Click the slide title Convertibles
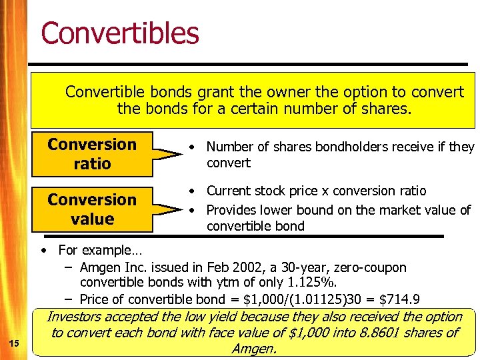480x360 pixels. [120, 33]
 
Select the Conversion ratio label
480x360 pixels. [92, 154]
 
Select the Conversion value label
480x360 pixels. [92, 209]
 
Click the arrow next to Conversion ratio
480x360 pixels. [167, 155]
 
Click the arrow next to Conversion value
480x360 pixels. [167, 209]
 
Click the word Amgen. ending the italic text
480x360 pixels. [254, 349]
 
